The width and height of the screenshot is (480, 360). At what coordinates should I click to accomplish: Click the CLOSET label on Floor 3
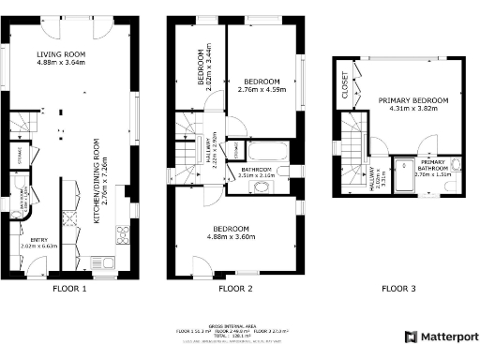click(345, 88)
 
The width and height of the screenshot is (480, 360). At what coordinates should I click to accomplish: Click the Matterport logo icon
click(410, 337)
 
